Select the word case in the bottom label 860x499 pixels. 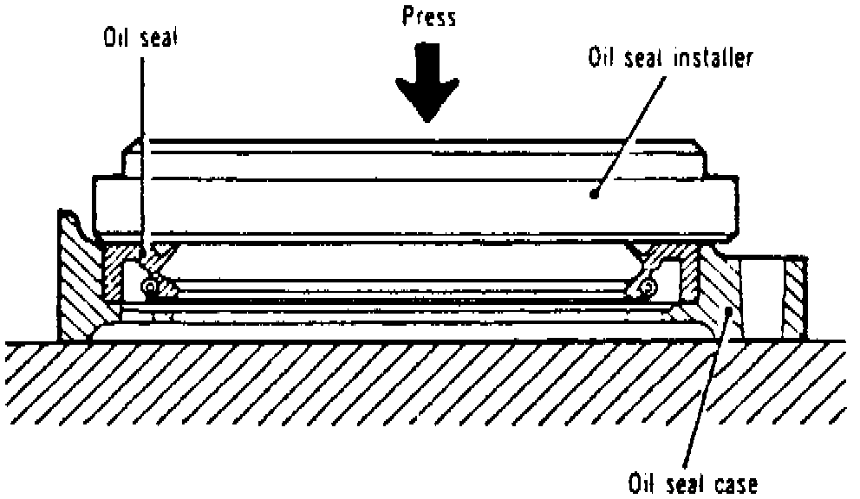(x=735, y=483)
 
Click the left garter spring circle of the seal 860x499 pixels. (x=150, y=287)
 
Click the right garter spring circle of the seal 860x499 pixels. (x=648, y=287)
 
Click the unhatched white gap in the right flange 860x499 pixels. (x=764, y=295)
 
